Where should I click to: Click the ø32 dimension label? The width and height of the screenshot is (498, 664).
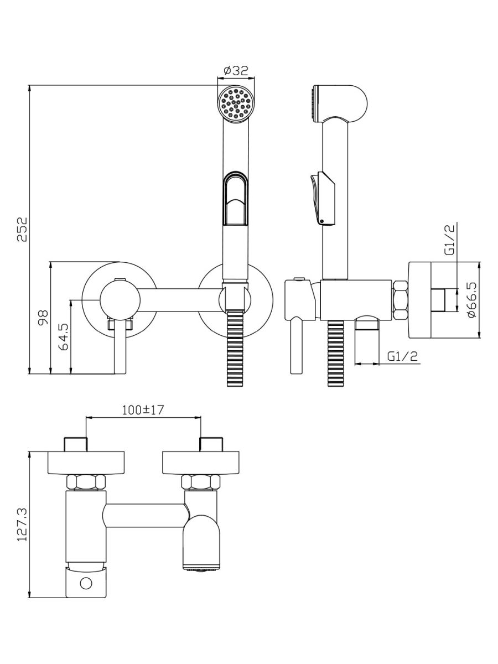click(236, 71)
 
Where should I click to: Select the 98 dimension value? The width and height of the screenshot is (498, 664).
click(44, 317)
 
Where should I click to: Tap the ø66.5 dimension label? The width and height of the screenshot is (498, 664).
click(472, 299)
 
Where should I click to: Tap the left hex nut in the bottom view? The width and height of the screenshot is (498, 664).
click(85, 482)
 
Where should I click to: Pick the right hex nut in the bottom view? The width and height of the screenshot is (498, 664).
click(200, 482)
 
